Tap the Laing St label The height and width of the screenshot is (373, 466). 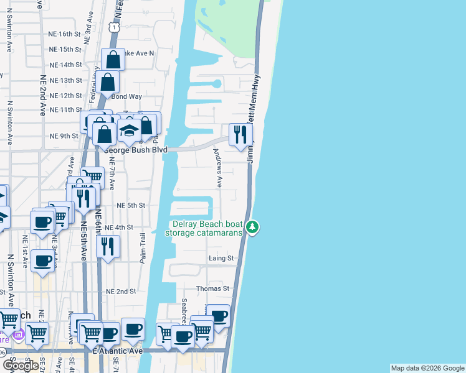tap(221, 258)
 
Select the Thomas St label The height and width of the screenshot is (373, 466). tap(213, 289)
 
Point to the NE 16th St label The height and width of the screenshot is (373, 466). tap(65, 34)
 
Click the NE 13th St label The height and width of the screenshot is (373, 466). tap(65, 80)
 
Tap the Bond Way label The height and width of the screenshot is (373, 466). tap(123, 96)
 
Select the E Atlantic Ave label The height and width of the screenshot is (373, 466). tap(117, 351)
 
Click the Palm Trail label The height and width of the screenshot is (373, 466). tap(143, 247)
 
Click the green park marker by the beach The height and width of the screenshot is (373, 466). tap(252, 227)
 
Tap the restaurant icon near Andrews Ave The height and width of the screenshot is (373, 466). tap(237, 134)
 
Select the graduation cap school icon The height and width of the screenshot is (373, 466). tap(130, 131)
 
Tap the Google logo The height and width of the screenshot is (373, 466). tap(21, 365)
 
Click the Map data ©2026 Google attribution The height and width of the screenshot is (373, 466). tap(427, 368)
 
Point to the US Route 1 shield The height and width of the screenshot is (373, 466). tap(113, 27)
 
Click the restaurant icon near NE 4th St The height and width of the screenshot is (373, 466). tap(108, 247)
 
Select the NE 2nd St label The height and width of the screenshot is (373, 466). tap(121, 291)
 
